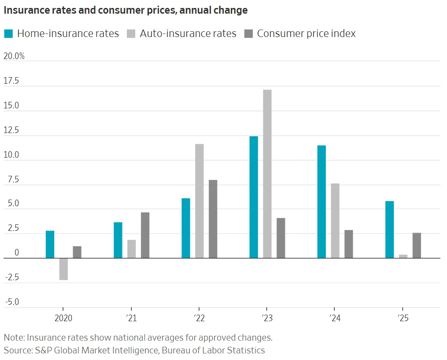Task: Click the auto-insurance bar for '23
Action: pos(267,174)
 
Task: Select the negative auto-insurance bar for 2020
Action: pos(63,269)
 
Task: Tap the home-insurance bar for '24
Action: pos(321,201)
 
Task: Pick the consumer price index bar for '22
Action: pos(213,219)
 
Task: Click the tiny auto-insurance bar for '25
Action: pos(403,256)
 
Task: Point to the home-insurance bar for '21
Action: pos(118,240)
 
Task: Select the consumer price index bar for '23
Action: pos(281,238)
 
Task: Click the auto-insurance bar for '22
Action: pos(199,201)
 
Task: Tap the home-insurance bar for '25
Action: pos(389,230)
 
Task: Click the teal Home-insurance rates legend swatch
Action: pos(9,33)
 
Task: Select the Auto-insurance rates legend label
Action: pos(188,33)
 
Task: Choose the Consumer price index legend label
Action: pos(306,33)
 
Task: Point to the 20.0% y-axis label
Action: pos(14,56)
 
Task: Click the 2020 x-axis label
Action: pos(63,318)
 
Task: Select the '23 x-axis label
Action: pos(267,318)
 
